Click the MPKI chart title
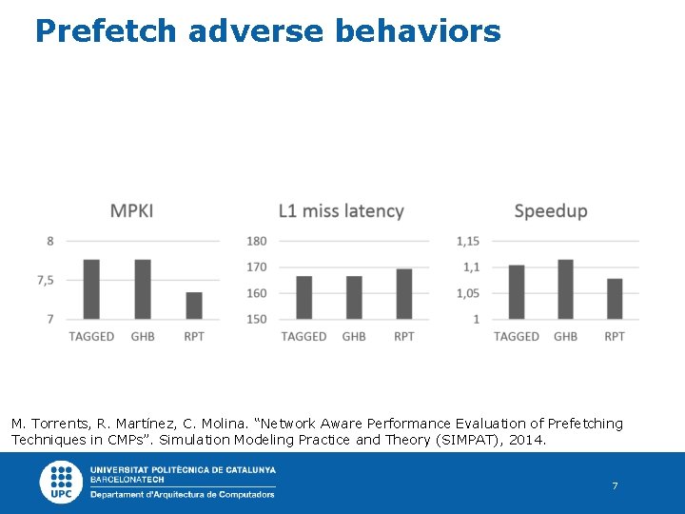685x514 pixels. click(x=131, y=210)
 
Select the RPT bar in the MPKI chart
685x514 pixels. click(x=194, y=306)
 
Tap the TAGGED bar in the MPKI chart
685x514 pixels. click(x=91, y=289)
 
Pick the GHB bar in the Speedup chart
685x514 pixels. click(x=565, y=289)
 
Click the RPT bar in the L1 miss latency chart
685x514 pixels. click(x=403, y=294)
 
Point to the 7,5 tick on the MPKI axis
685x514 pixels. click(x=44, y=280)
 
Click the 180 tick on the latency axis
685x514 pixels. click(x=257, y=242)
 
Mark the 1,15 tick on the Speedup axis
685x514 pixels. click(x=467, y=242)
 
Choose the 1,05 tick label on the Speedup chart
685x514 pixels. click(x=467, y=293)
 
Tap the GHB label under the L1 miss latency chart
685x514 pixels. click(x=354, y=336)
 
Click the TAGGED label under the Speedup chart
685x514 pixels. click(x=517, y=336)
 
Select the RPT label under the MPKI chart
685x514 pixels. click(x=194, y=336)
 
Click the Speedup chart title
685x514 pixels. click(x=551, y=210)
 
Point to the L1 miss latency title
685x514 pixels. click(x=342, y=210)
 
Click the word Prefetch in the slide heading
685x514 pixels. click(x=106, y=31)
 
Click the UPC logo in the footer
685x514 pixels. click(x=60, y=482)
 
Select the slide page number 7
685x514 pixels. click(x=615, y=486)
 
